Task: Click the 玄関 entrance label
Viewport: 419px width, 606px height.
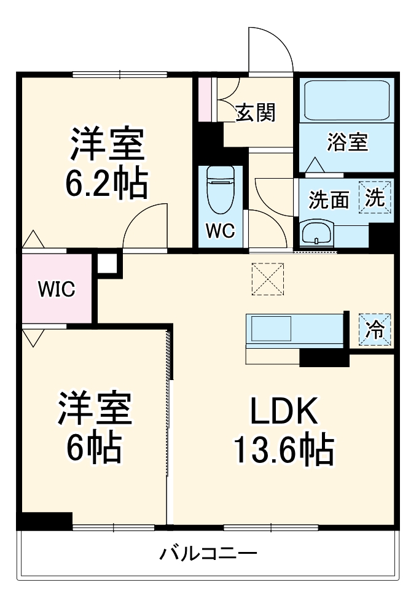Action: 255,113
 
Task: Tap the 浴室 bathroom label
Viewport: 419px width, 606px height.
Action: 347,142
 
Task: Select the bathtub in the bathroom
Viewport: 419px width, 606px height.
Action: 347,100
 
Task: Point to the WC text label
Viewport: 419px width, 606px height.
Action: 219,231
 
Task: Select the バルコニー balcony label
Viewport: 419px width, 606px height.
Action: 208,554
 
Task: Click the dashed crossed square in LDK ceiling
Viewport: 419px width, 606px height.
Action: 268,279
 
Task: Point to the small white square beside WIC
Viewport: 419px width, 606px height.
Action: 106,263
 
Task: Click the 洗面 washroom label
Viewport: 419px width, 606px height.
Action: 329,200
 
